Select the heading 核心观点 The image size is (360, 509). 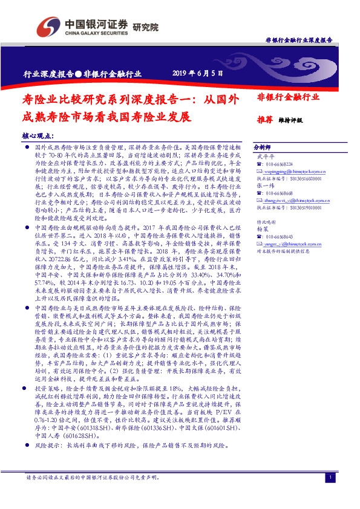pyautogui.click(x=37, y=136)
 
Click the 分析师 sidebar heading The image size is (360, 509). pyautogui.click(x=262, y=147)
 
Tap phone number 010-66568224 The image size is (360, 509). pyautogui.click(x=280, y=164)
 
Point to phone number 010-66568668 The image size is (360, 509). pyautogui.click(x=280, y=195)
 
